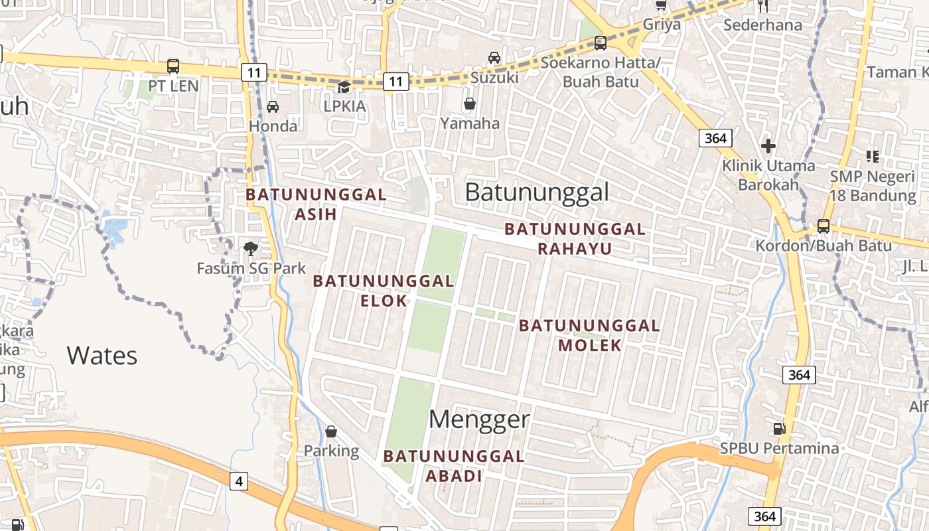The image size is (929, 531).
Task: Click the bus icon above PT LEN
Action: tap(173, 66)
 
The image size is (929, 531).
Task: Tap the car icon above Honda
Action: tap(273, 106)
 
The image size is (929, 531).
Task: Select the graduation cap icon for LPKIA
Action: tap(344, 87)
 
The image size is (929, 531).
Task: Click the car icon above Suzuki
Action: tap(494, 58)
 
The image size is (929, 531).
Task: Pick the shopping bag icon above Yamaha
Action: tap(470, 104)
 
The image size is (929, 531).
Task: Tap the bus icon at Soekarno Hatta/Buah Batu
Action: tap(601, 43)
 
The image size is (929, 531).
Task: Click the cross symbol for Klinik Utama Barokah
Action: tap(768, 146)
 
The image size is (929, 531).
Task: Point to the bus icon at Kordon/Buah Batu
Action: tap(823, 226)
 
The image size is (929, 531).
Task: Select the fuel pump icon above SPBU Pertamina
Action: tap(780, 429)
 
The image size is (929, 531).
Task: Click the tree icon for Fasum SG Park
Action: tap(251, 249)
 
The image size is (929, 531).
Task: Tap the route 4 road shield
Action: tap(239, 481)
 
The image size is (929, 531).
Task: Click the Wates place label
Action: tap(102, 356)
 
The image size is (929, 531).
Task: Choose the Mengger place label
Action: tap(479, 419)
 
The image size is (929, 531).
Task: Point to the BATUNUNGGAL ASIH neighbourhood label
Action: tap(316, 204)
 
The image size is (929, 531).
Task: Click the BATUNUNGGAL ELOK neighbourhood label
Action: tap(384, 291)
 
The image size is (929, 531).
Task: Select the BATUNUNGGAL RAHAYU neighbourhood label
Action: tap(575, 239)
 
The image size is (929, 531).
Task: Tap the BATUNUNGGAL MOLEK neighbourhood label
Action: tap(589, 335)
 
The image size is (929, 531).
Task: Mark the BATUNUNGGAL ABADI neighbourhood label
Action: tap(454, 466)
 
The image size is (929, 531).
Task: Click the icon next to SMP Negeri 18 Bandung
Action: tap(873, 157)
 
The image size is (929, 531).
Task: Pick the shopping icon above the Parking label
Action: tap(331, 432)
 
